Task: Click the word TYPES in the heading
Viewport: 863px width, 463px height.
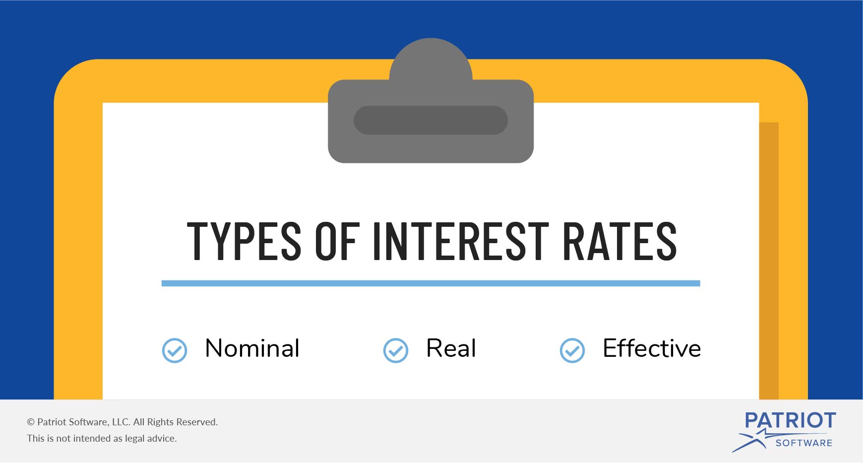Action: pos(244,241)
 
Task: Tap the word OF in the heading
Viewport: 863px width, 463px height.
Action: pos(337,241)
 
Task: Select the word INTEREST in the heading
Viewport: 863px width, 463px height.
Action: pos(461,241)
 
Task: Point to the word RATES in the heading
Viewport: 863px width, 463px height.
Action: pos(620,241)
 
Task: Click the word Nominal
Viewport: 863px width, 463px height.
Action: pos(252,348)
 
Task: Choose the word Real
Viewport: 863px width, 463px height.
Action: pos(451,348)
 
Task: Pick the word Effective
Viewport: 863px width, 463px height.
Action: pos(652,348)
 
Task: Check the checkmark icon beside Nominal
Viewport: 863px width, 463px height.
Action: pos(175,351)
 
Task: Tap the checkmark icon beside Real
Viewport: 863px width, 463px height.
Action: pos(396,351)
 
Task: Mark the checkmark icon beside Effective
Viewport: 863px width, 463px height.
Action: pos(572,351)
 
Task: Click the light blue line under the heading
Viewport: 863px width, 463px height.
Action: pos(431,283)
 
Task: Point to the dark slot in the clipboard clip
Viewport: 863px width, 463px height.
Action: pos(431,120)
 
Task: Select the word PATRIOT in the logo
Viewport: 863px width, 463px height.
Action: pos(790,420)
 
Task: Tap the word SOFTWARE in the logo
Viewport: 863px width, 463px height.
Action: pos(804,443)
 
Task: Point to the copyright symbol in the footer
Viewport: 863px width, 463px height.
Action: pos(31,422)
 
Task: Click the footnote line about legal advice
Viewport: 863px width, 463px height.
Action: pos(102,438)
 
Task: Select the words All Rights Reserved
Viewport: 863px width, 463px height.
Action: pos(176,422)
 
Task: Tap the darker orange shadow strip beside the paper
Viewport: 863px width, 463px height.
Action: pos(769,261)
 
